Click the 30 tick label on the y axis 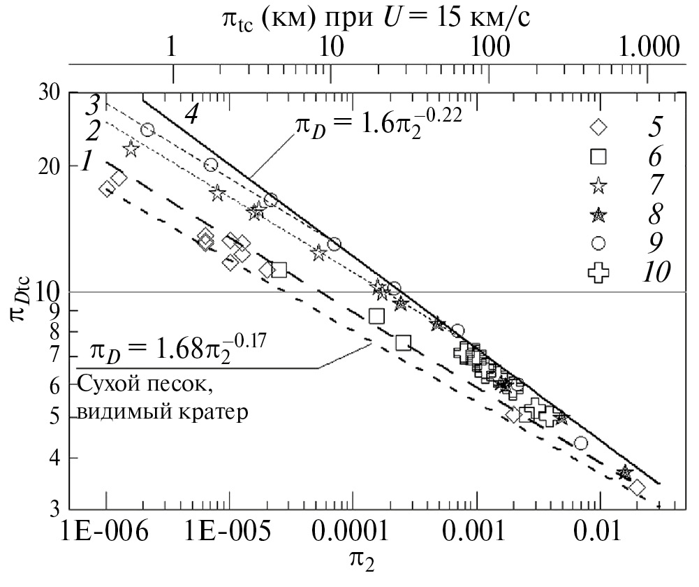click(x=48, y=92)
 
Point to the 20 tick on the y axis click(x=48, y=166)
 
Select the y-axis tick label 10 click(x=48, y=291)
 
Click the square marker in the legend click(x=598, y=157)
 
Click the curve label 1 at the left click(x=87, y=162)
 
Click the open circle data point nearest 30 click(x=147, y=130)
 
